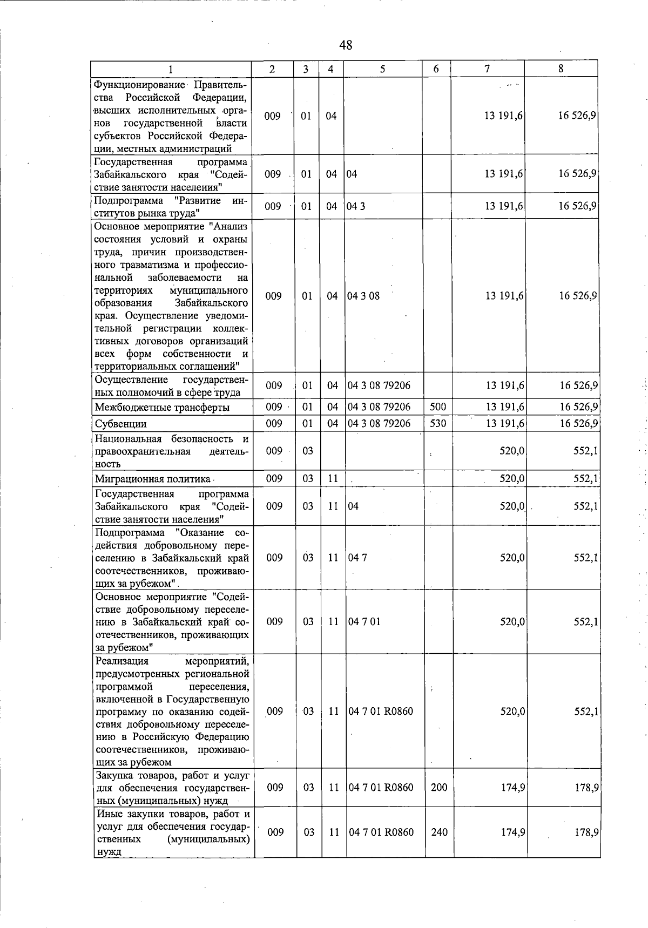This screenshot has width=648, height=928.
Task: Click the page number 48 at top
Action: (346, 45)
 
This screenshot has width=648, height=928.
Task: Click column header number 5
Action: (382, 69)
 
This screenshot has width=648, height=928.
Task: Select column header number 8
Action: (561, 69)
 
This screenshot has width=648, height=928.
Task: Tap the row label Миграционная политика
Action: (153, 479)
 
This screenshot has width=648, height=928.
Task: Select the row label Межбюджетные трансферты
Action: (162, 407)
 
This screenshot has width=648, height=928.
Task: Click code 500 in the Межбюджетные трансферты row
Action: (438, 407)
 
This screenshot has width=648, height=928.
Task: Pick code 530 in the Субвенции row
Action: (438, 423)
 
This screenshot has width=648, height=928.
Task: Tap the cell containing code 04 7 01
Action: (364, 621)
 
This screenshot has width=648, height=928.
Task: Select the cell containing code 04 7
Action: (357, 558)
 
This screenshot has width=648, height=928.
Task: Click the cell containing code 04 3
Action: (356, 206)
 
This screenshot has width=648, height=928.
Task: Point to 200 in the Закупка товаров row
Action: (439, 787)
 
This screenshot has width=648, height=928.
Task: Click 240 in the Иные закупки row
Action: (439, 832)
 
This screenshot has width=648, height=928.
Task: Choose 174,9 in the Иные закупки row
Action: (512, 832)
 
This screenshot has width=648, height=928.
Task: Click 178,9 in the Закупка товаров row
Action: (586, 787)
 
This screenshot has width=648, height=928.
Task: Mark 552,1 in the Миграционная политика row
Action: (585, 478)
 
